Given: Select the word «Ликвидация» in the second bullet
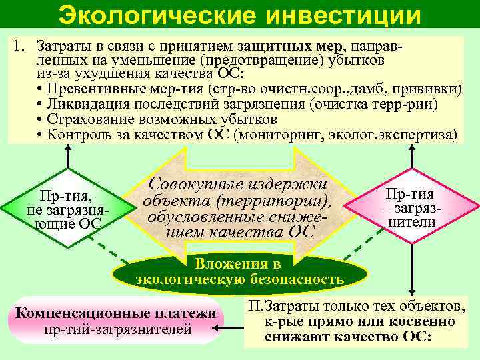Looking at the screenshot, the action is (x=79, y=105).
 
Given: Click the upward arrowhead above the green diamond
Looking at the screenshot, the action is (x=67, y=150).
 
